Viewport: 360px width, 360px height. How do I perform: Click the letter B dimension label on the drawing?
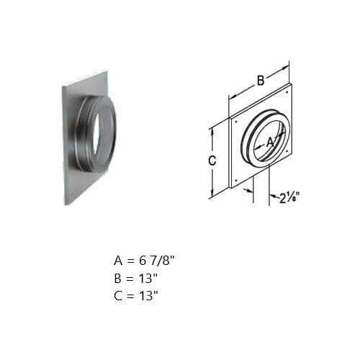261,81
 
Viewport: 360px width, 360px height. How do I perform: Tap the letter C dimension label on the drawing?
212,161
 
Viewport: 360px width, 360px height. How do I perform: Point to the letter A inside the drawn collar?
271,143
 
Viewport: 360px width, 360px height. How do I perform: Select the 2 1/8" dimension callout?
289,198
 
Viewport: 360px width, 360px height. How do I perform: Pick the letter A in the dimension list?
118,261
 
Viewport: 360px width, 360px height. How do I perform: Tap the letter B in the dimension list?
118,279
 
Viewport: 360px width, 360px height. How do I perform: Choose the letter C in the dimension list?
118,296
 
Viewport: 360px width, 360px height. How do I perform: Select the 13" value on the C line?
149,295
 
